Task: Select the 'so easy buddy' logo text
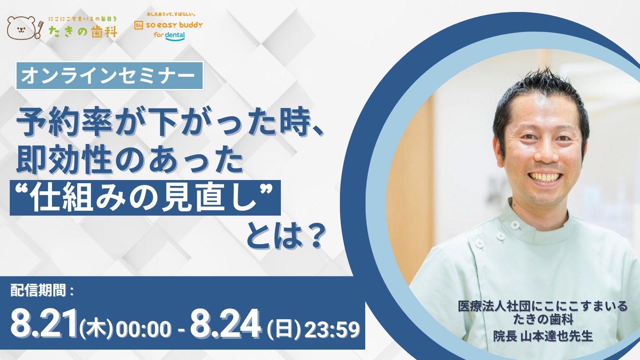(x=174, y=25)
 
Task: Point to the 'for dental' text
(x=169, y=36)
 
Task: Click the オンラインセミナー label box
(x=110, y=76)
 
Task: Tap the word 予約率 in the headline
(x=64, y=122)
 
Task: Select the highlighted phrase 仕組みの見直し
(x=145, y=198)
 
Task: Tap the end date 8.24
(x=226, y=324)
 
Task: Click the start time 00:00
(x=144, y=330)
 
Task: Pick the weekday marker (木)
(x=96, y=329)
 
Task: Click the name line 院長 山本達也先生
(x=543, y=336)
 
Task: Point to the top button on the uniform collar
(x=514, y=225)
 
